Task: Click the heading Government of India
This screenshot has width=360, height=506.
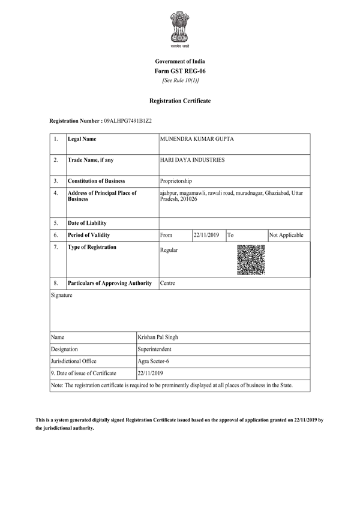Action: pos(180,62)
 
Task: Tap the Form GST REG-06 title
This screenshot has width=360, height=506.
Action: pos(180,71)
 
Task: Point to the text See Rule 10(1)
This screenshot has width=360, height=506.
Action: pos(180,80)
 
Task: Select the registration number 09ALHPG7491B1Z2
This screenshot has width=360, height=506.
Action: pos(128,121)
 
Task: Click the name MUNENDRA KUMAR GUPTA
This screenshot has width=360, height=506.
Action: pos(197,140)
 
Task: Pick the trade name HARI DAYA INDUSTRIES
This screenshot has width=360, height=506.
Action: pos(193,160)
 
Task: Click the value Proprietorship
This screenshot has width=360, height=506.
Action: pos(176,180)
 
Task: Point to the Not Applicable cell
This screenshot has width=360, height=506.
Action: pos(287,235)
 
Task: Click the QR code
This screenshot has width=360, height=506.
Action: pos(251,260)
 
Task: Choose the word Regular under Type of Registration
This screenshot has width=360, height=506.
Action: pos(169,250)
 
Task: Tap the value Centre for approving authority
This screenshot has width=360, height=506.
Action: pos(168,283)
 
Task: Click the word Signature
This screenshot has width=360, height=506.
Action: pos(62,296)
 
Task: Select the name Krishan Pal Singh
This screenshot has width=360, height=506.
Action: pos(158,338)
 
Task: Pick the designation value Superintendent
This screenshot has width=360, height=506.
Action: pos(155,349)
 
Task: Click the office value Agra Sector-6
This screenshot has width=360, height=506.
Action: pos(153,361)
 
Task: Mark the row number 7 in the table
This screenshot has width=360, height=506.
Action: pos(56,247)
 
